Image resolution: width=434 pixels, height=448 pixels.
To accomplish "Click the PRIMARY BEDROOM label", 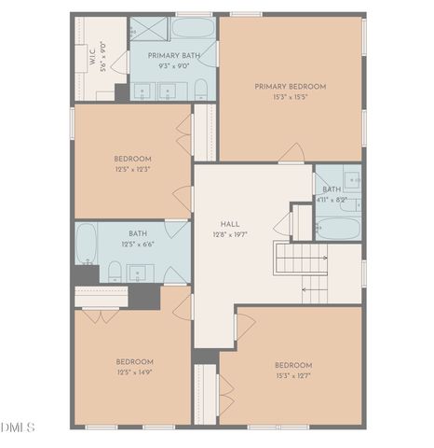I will coord(290,86).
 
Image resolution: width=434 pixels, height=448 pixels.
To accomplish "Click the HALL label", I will coord(230,224).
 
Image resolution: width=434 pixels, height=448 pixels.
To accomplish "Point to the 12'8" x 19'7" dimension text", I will coord(230,235).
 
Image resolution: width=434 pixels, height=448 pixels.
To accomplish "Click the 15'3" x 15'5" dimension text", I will coord(290,97).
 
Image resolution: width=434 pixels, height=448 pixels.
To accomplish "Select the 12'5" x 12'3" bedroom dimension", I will coord(133,169).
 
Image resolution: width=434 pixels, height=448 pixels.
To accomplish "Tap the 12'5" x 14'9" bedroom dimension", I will coord(134,371).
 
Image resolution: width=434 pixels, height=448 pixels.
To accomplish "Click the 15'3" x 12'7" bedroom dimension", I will coord(292,375).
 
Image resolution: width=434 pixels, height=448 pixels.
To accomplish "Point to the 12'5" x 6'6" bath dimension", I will coord(138,245).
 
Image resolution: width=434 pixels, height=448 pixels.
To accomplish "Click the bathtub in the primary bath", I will coord(194,26).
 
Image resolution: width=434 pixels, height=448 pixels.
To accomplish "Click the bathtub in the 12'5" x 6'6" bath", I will coord(87,244).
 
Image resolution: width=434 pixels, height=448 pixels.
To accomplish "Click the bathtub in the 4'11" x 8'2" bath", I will coord(338,228).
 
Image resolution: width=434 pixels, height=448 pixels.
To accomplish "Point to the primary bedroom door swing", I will coord(292,152).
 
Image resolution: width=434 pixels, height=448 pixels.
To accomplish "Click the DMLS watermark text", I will coord(18,427).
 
